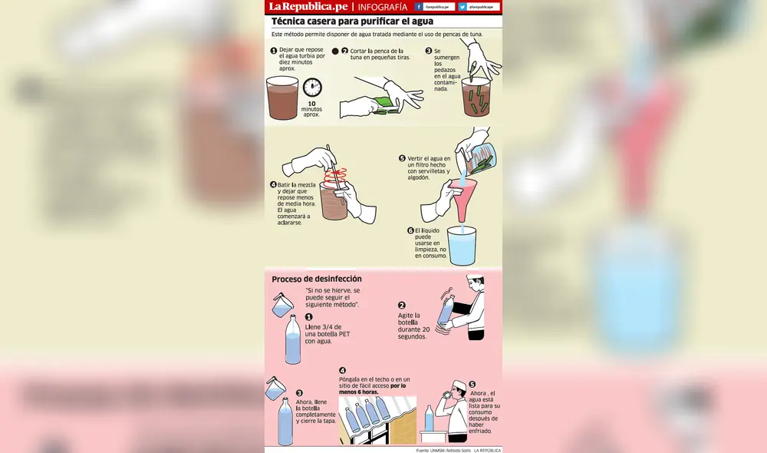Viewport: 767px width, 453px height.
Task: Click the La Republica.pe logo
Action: tap(307, 7)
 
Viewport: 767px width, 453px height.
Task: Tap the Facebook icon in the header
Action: tap(419, 7)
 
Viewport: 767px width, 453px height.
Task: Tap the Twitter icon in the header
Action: tap(463, 7)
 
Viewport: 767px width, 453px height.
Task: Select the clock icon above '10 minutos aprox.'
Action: tap(311, 87)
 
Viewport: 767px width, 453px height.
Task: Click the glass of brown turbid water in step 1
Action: tap(282, 99)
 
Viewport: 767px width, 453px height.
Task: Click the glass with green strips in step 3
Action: tap(480, 98)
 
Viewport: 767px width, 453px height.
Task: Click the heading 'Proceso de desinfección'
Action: tap(317, 279)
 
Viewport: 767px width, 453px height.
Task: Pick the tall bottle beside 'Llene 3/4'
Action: tap(292, 341)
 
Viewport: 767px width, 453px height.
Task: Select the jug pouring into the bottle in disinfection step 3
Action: tap(274, 389)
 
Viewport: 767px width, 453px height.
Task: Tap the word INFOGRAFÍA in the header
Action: tap(383, 7)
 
